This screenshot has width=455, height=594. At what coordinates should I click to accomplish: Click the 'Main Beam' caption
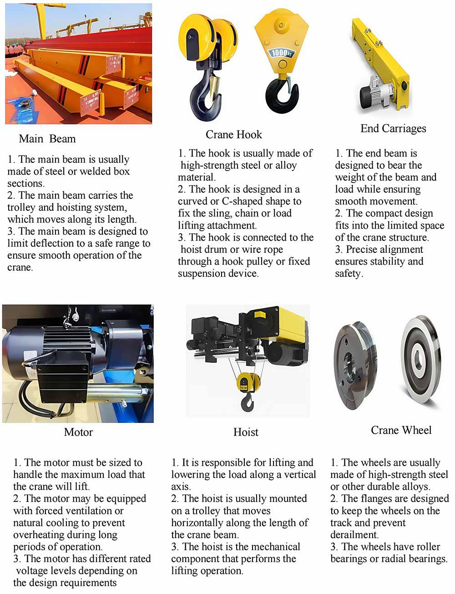click(47, 139)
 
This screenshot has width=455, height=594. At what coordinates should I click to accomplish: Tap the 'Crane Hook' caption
click(234, 135)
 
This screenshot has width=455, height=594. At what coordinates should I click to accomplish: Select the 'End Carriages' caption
click(393, 129)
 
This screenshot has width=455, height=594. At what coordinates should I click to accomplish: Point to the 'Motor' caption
click(78, 433)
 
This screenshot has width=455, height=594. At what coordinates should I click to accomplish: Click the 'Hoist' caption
click(246, 433)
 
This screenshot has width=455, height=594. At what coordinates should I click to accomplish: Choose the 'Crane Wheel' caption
click(401, 430)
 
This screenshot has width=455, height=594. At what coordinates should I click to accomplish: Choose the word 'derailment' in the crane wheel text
click(354, 535)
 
